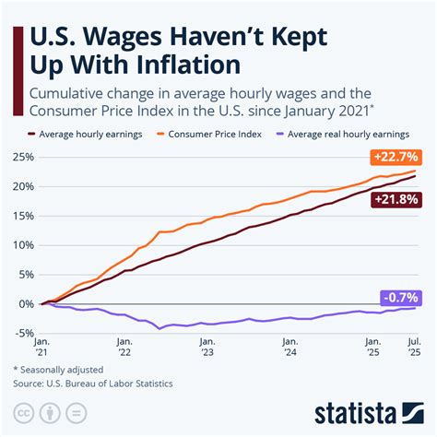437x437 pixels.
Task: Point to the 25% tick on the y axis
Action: point(23,158)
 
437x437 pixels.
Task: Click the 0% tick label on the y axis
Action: point(26,303)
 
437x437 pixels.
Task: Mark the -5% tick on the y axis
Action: point(24,333)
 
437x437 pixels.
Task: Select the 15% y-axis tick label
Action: point(23,216)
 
